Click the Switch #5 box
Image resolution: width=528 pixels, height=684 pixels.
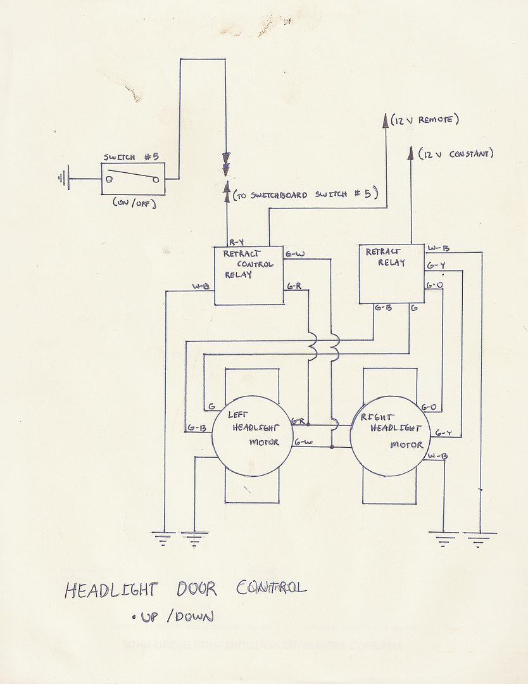(132, 179)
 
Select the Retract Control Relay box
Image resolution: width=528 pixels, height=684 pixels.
(248, 275)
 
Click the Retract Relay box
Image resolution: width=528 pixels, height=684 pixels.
(391, 274)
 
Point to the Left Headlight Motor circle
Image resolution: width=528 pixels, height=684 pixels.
(251, 435)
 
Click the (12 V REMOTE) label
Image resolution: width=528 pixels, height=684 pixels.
(424, 120)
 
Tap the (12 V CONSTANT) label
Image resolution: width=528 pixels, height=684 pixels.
(455, 153)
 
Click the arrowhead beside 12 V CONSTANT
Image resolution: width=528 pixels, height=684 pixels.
(411, 153)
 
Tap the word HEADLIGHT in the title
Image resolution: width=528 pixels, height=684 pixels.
(111, 590)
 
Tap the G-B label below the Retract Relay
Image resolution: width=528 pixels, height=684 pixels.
(382, 308)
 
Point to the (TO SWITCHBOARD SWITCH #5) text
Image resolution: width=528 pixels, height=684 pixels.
(305, 195)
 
